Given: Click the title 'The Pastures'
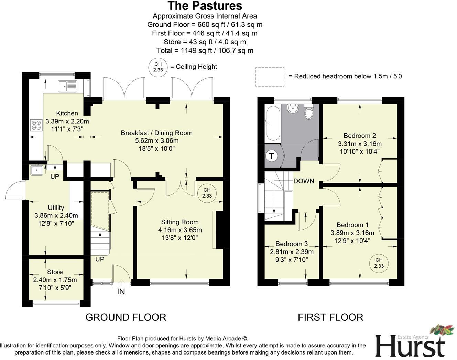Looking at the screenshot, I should pyautogui.click(x=205, y=6).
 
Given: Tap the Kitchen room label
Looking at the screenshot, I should pyautogui.click(x=67, y=113).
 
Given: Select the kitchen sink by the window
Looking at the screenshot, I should pyautogui.click(x=68, y=86).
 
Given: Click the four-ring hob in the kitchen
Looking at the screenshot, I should pyautogui.click(x=36, y=125).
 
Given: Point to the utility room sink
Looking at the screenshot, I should pyautogui.click(x=36, y=170).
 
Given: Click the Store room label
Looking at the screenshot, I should pyautogui.click(x=55, y=272).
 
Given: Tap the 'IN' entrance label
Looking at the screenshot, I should pyautogui.click(x=121, y=292).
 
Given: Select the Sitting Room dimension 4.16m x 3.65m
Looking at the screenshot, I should pyautogui.click(x=180, y=230).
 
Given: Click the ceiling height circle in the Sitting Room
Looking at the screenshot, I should pyautogui.click(x=207, y=193).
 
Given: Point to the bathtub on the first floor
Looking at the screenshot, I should pyautogui.click(x=273, y=123).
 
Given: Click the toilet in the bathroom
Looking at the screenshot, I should pyautogui.click(x=309, y=111).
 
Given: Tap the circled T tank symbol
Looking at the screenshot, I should pyautogui.click(x=272, y=156).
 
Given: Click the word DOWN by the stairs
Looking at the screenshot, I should pyautogui.click(x=304, y=181).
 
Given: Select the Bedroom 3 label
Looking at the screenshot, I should pyautogui.click(x=292, y=244).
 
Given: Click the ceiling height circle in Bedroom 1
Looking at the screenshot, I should pyautogui.click(x=379, y=263).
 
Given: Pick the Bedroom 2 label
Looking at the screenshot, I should pyautogui.click(x=360, y=136).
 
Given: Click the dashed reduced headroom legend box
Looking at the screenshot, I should pyautogui.click(x=270, y=76).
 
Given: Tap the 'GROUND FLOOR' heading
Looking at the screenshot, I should pyautogui.click(x=126, y=317).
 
